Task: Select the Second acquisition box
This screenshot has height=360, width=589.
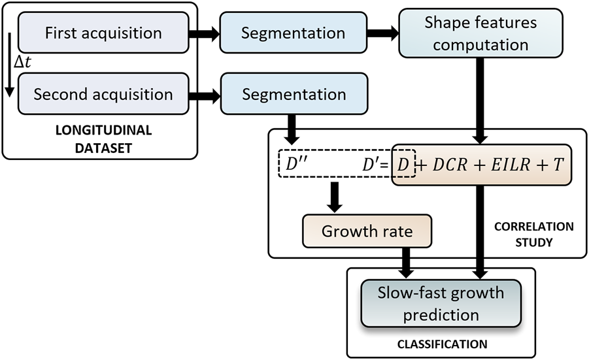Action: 103,94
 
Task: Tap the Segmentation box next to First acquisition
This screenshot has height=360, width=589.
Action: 294,33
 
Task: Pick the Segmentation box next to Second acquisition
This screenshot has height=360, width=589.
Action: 294,94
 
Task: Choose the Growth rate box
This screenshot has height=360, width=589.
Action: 366,232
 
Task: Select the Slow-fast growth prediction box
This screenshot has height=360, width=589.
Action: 441,303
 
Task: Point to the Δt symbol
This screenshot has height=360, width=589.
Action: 24,63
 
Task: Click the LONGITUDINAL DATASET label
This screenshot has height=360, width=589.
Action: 103,139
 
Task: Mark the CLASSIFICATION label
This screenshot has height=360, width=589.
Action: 441,343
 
